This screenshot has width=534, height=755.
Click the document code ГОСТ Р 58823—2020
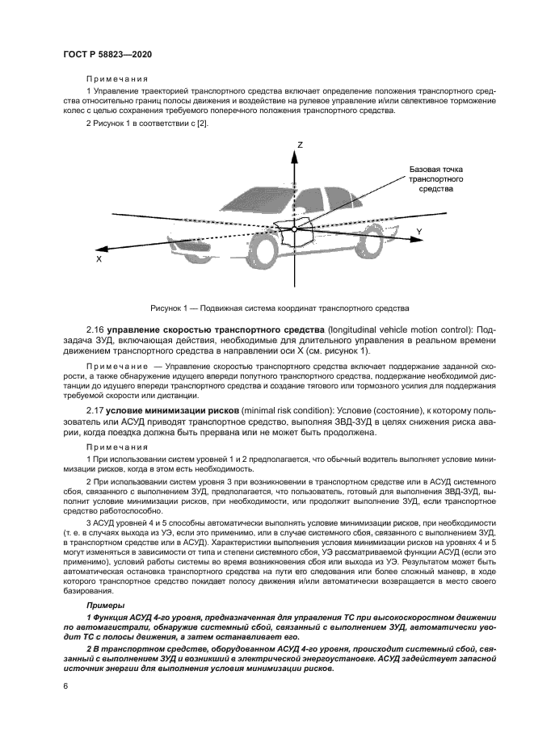point(107,53)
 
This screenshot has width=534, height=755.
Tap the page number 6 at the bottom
point(65,686)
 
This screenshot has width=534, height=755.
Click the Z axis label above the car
point(299,145)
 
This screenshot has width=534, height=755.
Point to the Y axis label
point(418,232)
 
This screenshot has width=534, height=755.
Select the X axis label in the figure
point(99,260)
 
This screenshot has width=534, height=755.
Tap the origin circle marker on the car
point(295,230)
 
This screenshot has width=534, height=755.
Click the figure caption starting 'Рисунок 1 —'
point(280,308)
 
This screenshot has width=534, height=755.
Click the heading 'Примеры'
point(105,605)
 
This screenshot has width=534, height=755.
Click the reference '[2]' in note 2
point(204,122)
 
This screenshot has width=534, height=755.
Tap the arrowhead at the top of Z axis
point(295,153)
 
